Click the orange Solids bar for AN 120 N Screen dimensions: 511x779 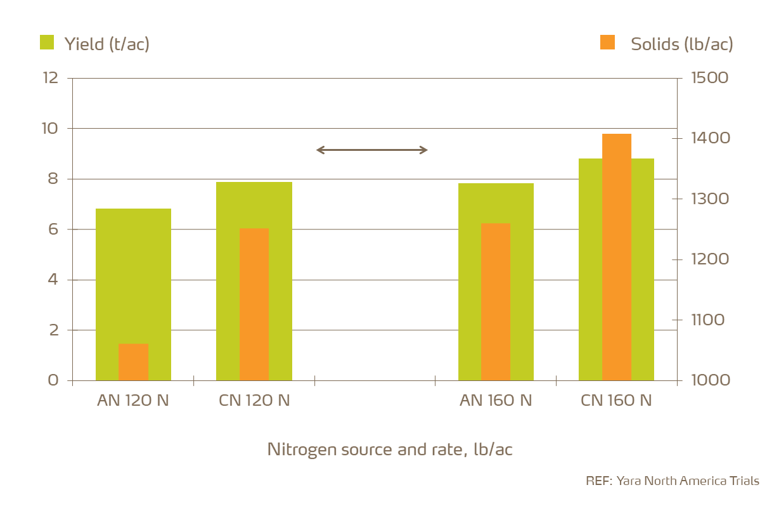(133, 362)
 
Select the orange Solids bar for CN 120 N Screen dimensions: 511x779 (254, 304)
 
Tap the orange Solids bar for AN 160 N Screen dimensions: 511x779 (496, 302)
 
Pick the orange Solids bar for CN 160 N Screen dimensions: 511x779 (617, 257)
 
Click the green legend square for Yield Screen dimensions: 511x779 (47, 42)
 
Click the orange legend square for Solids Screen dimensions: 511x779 (607, 42)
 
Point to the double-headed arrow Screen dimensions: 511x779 (372, 150)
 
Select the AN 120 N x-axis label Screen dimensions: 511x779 (133, 401)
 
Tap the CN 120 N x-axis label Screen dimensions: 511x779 (254, 401)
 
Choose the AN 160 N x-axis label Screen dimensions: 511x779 (496, 401)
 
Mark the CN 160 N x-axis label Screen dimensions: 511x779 (616, 401)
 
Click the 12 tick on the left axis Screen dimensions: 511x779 (51, 78)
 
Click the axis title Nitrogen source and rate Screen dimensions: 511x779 (389, 450)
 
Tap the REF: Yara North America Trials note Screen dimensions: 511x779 (672, 481)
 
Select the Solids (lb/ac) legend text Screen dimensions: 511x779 (681, 44)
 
